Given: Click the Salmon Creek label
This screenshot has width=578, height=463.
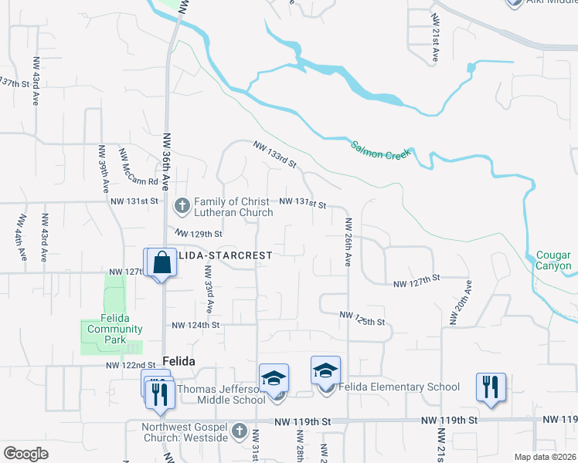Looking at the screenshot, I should pos(382,150).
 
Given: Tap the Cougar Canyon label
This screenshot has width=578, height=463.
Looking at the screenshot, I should pos(553,260).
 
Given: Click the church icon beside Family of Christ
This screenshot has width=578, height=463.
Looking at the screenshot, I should pos(182,205).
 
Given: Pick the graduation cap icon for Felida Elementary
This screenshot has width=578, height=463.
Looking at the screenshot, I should pos(325,371).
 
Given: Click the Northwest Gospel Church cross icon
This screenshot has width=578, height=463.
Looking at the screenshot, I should pos(239,430).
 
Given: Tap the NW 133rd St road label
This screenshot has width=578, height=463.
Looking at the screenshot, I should pos(275,154).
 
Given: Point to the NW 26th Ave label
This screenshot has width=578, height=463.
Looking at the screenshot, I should pos(348,242).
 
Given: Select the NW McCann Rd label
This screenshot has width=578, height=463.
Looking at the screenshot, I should pos(138,169).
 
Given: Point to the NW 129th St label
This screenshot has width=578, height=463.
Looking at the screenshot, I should pos(199,233).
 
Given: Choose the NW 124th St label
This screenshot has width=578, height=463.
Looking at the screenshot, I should pos(196,326).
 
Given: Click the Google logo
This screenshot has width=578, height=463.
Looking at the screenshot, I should pos(25,454).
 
